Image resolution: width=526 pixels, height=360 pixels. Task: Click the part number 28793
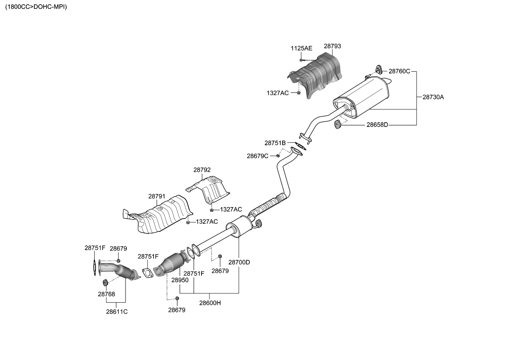pyautogui.click(x=332, y=46)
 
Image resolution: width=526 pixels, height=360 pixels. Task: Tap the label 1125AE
pyautogui.click(x=301, y=48)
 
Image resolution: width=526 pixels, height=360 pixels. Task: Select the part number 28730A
pyautogui.click(x=433, y=97)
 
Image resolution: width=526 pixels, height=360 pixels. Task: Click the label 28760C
pyautogui.click(x=400, y=71)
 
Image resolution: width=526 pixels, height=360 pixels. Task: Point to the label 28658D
pyautogui.click(x=377, y=125)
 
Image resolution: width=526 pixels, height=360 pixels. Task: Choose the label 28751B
pyautogui.click(x=275, y=143)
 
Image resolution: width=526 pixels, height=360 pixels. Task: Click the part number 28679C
pyautogui.click(x=257, y=156)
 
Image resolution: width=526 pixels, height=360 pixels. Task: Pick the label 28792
pyautogui.click(x=202, y=170)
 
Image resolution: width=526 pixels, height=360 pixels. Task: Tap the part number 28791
pyautogui.click(x=157, y=197)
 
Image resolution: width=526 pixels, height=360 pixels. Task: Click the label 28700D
pyautogui.click(x=239, y=262)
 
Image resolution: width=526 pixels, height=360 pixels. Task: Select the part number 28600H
pyautogui.click(x=210, y=303)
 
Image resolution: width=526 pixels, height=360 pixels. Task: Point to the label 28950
pyautogui.click(x=180, y=280)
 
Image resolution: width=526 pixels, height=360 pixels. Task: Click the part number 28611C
pyautogui.click(x=117, y=312)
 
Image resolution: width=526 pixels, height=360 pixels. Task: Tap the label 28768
pyautogui.click(x=106, y=294)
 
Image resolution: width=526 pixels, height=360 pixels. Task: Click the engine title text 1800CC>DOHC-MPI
pyautogui.click(x=36, y=7)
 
